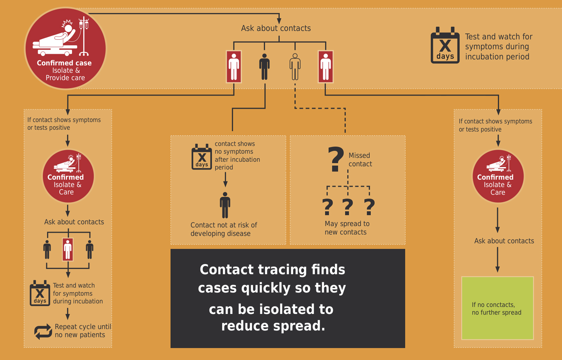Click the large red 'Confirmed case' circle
(x=65, y=49)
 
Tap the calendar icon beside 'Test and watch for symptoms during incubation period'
(x=445, y=46)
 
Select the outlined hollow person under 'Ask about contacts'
(x=295, y=67)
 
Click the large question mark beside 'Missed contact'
(x=336, y=159)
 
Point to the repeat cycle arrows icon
(x=43, y=332)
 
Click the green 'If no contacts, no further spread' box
(x=497, y=308)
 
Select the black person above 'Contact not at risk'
(x=225, y=205)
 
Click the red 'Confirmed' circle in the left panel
(x=68, y=176)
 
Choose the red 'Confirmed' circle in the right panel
(x=498, y=176)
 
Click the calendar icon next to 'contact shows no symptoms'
(x=202, y=157)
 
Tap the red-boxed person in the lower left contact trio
(x=68, y=250)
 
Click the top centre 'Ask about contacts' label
(x=276, y=28)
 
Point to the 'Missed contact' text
(x=360, y=160)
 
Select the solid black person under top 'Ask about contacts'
(x=264, y=67)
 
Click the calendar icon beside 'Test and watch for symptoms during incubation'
(x=40, y=293)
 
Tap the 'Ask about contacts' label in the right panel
(x=504, y=241)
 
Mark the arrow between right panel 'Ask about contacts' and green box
(x=497, y=259)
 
